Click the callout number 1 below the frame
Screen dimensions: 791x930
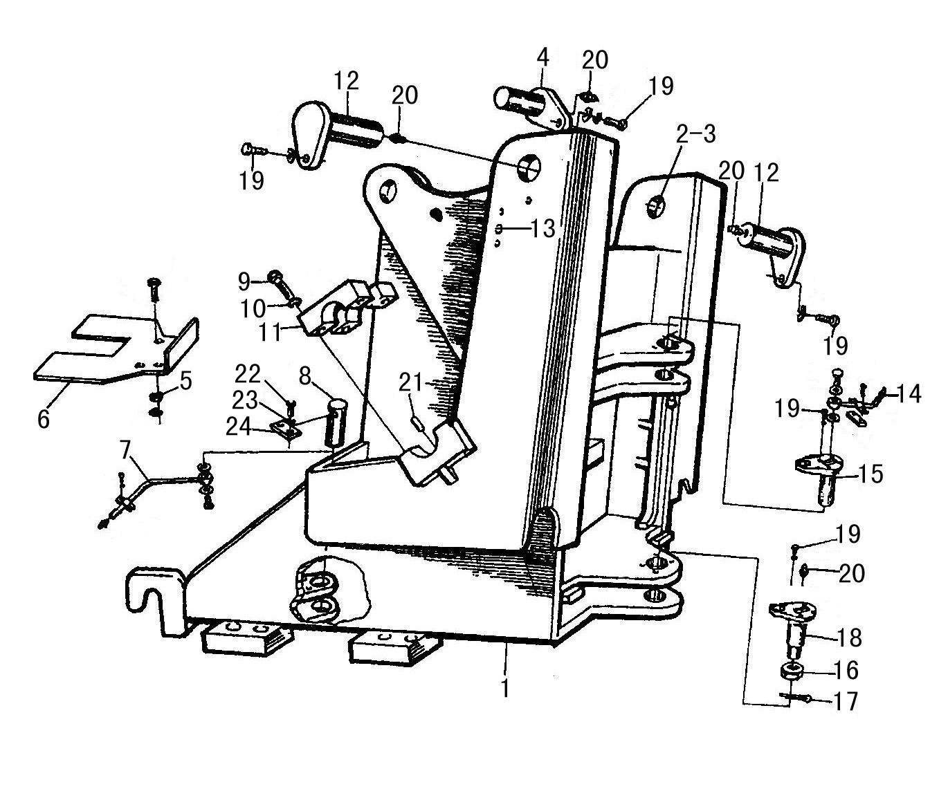click(x=506, y=689)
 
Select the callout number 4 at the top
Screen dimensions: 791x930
click(x=543, y=57)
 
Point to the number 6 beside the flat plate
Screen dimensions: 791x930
click(x=44, y=418)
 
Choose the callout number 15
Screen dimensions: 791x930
click(x=870, y=474)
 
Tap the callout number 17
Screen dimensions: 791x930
click(x=846, y=701)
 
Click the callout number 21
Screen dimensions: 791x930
click(x=410, y=382)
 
